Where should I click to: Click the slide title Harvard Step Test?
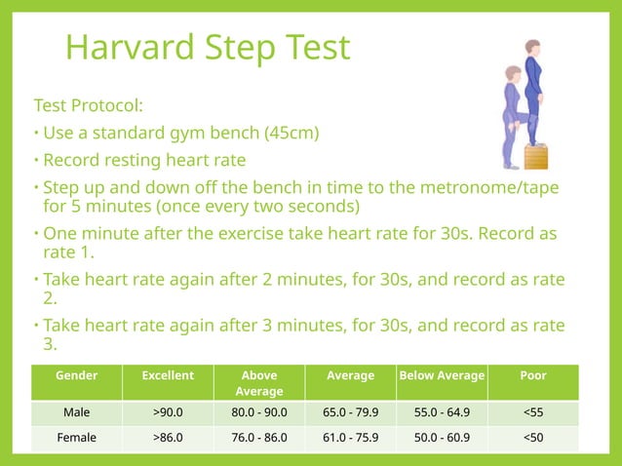click(x=207, y=47)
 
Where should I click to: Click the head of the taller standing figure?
click(x=531, y=47)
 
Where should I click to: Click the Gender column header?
click(x=76, y=375)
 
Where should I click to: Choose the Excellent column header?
click(x=168, y=375)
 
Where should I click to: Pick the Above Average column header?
click(x=258, y=382)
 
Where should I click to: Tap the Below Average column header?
click(x=441, y=375)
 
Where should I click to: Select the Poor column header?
click(x=533, y=375)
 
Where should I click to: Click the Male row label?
click(x=76, y=412)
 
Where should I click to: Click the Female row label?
click(x=76, y=438)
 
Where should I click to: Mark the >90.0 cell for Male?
click(x=168, y=412)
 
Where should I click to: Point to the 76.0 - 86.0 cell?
click(x=258, y=438)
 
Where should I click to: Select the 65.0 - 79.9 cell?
click(x=350, y=412)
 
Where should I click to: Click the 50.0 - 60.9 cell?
click(x=441, y=438)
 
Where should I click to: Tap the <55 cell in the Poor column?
click(x=533, y=412)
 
